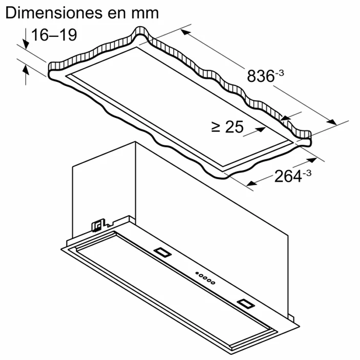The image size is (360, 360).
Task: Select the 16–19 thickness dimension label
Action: click(54, 35)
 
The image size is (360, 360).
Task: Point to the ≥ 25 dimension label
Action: click(227, 128)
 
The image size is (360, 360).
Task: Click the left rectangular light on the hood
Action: click(162, 251)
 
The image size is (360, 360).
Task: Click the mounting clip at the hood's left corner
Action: click(97, 225)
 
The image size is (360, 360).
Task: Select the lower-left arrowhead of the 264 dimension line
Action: click(250, 183)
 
